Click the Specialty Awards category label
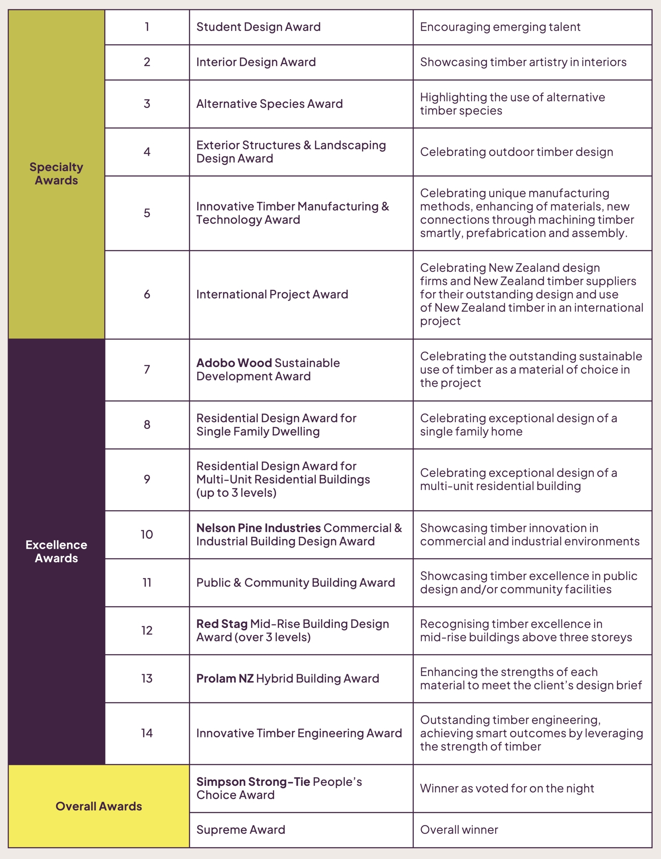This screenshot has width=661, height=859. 56,174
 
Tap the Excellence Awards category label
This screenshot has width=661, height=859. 56,551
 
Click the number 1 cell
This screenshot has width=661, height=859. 147,27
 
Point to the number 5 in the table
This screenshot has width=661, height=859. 147,213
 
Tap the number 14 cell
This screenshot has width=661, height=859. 147,733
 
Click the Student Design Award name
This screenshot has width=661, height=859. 258,27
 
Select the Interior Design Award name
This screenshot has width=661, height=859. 256,62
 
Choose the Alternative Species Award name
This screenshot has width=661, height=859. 269,103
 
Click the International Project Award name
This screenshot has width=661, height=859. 272,294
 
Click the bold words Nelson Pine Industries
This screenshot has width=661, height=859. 258,527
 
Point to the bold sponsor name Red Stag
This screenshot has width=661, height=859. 222,623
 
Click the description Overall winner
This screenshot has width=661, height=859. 459,829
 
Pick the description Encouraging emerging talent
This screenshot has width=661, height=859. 500,27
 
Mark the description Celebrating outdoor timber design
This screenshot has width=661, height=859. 516,152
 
